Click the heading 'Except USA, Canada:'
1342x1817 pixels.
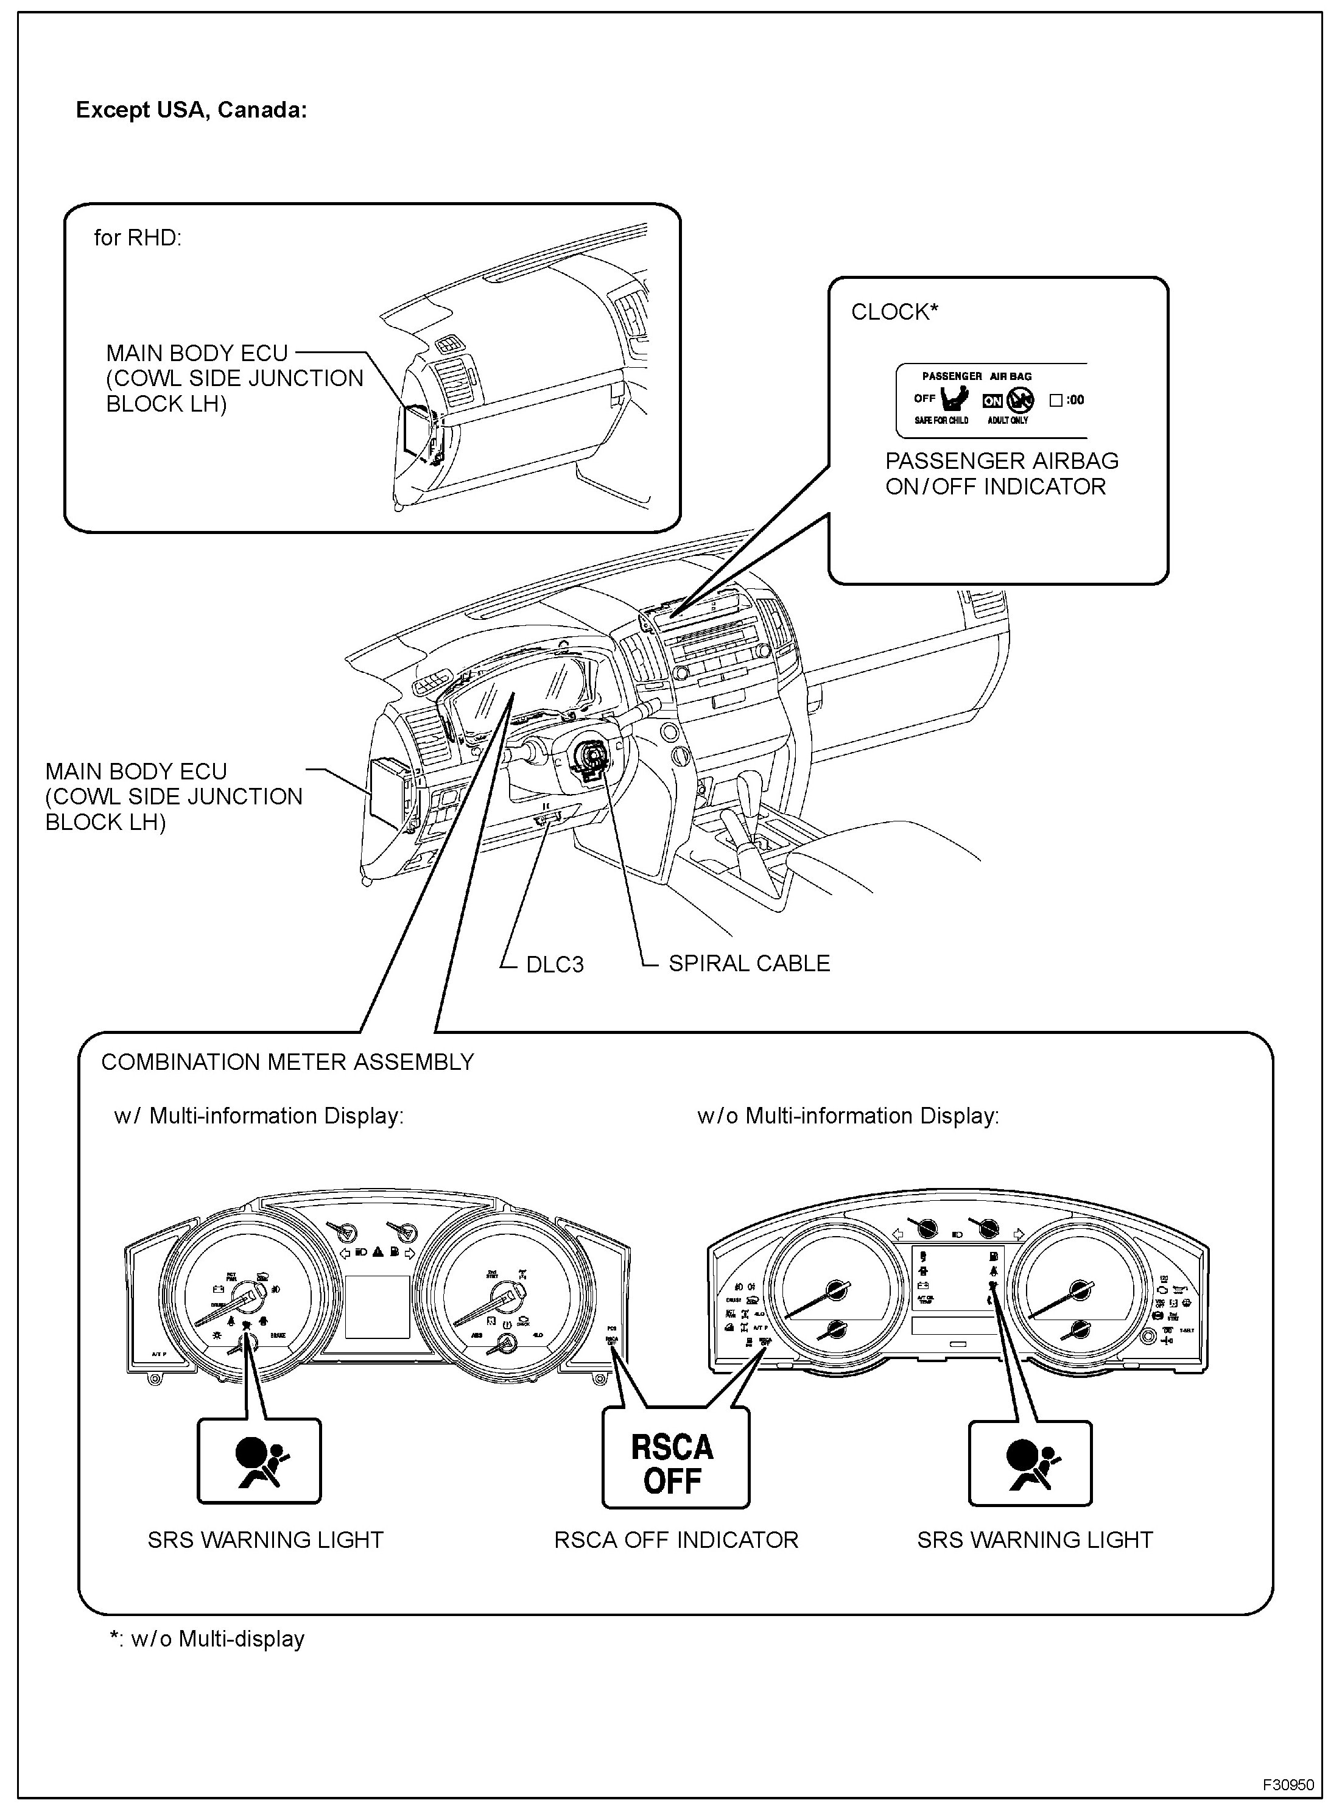191,110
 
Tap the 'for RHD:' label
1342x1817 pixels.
137,238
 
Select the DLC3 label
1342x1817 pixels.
555,964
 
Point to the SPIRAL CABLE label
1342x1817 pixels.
748,963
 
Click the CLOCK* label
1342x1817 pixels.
894,312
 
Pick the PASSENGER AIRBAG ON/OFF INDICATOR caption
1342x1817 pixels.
1001,474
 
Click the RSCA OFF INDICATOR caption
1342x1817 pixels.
676,1540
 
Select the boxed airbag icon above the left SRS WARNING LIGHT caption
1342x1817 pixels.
259,1462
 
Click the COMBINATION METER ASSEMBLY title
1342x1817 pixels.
287,1063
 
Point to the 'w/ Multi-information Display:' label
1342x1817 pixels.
258,1116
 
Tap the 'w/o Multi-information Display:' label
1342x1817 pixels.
848,1116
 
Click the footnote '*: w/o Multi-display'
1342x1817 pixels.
207,1639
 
